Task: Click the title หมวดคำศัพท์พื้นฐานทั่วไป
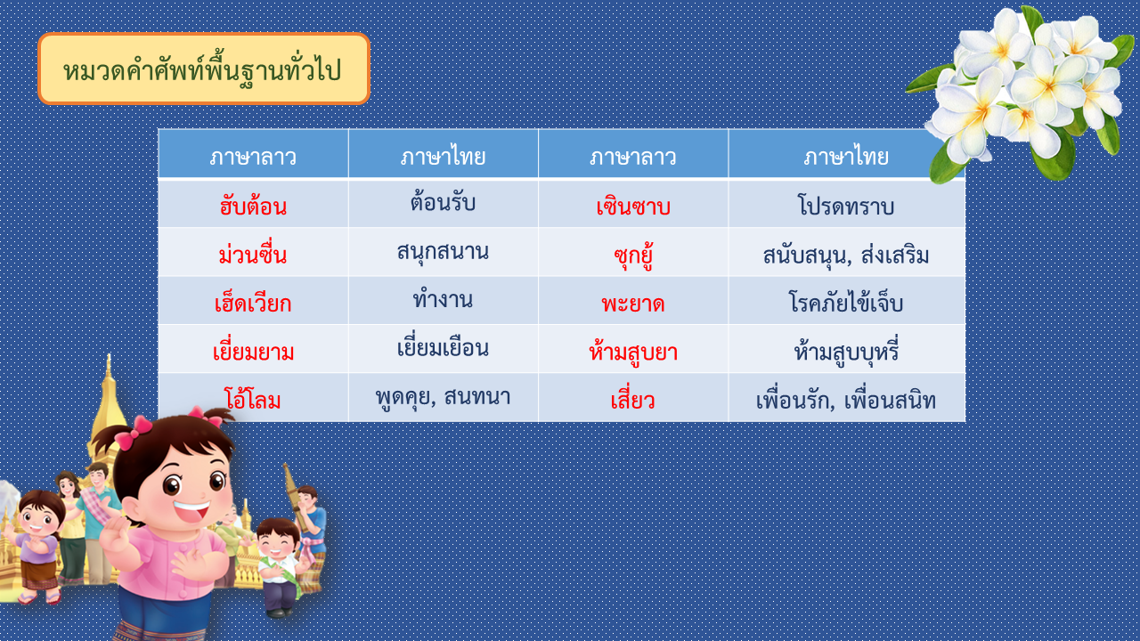(202, 69)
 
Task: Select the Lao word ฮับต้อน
(253, 205)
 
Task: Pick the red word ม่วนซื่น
(253, 253)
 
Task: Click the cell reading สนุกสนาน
(443, 251)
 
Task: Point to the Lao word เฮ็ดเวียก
(253, 302)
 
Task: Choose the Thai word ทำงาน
(443, 298)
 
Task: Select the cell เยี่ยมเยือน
(443, 347)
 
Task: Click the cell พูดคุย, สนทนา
(443, 397)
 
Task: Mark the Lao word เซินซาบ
(633, 205)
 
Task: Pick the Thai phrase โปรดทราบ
(846, 205)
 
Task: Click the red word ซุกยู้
(633, 255)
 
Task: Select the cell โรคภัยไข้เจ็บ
(846, 301)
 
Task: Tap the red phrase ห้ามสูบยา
(633, 351)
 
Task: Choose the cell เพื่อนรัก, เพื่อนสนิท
(846, 400)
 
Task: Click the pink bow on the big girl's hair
(134, 432)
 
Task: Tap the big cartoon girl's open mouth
(192, 510)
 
